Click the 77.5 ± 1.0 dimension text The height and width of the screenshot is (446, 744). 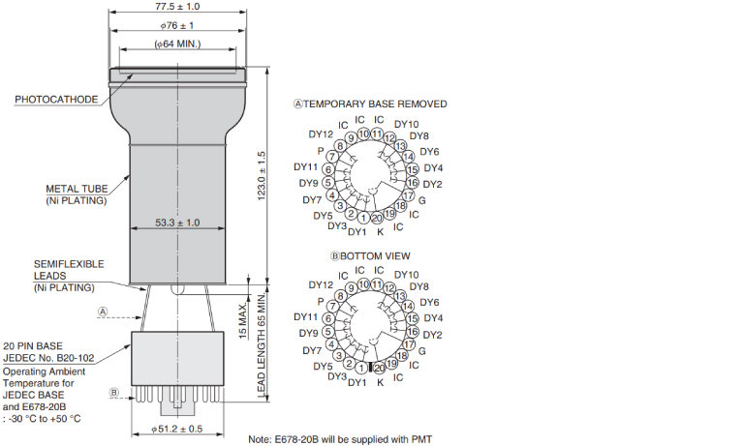[x=177, y=7]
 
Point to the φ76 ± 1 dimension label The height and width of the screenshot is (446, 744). [x=177, y=25]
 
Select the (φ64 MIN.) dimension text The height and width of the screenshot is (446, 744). [x=177, y=44]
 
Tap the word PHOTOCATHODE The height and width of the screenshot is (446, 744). [x=56, y=100]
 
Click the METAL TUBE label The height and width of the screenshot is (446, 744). [x=77, y=189]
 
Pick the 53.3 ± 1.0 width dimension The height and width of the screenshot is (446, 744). [x=177, y=223]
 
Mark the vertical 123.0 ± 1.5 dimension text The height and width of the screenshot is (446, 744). [x=262, y=176]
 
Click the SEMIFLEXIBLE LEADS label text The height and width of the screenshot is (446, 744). [x=69, y=270]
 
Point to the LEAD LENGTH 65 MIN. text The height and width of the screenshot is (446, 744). [x=262, y=344]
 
